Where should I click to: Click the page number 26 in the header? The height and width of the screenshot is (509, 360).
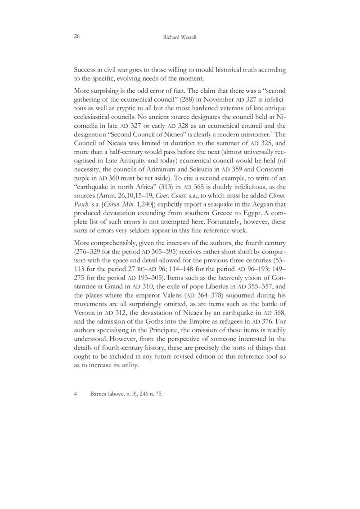coord(77,38)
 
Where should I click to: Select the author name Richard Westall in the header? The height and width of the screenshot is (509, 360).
coord(180,38)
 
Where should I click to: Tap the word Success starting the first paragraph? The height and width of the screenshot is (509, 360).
coord(85,70)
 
